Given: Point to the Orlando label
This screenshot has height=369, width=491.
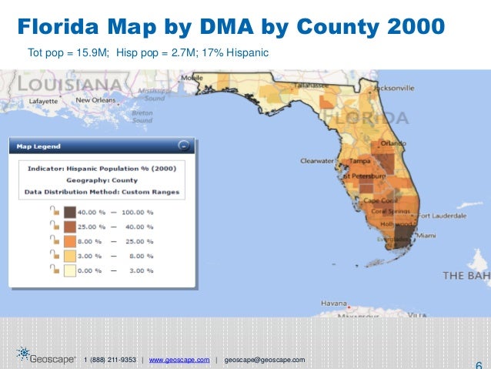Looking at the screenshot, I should (x=392, y=143).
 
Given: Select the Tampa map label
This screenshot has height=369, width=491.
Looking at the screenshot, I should (x=360, y=161).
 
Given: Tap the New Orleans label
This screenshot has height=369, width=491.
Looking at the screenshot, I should (x=95, y=100).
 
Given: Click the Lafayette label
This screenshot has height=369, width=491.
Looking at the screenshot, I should (x=43, y=101).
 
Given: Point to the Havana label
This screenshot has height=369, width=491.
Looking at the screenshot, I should (x=335, y=302).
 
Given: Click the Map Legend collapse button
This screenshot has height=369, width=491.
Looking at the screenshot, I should (x=182, y=145).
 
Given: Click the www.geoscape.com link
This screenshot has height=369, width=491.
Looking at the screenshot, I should (x=179, y=360).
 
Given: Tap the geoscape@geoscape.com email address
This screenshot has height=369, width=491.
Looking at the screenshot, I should (x=264, y=360).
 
